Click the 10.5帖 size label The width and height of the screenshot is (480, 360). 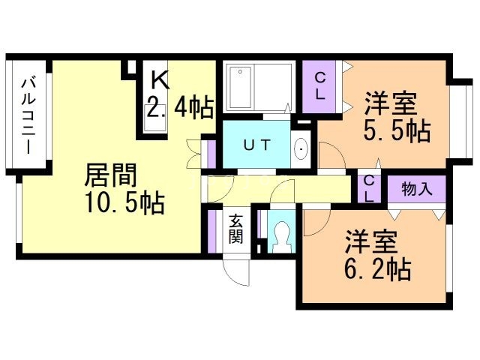124,203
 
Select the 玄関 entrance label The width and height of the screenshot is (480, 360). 235,229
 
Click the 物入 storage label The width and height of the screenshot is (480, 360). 417,189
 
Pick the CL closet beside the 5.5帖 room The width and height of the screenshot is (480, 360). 320,85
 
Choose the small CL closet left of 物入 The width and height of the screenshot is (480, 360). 370,188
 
